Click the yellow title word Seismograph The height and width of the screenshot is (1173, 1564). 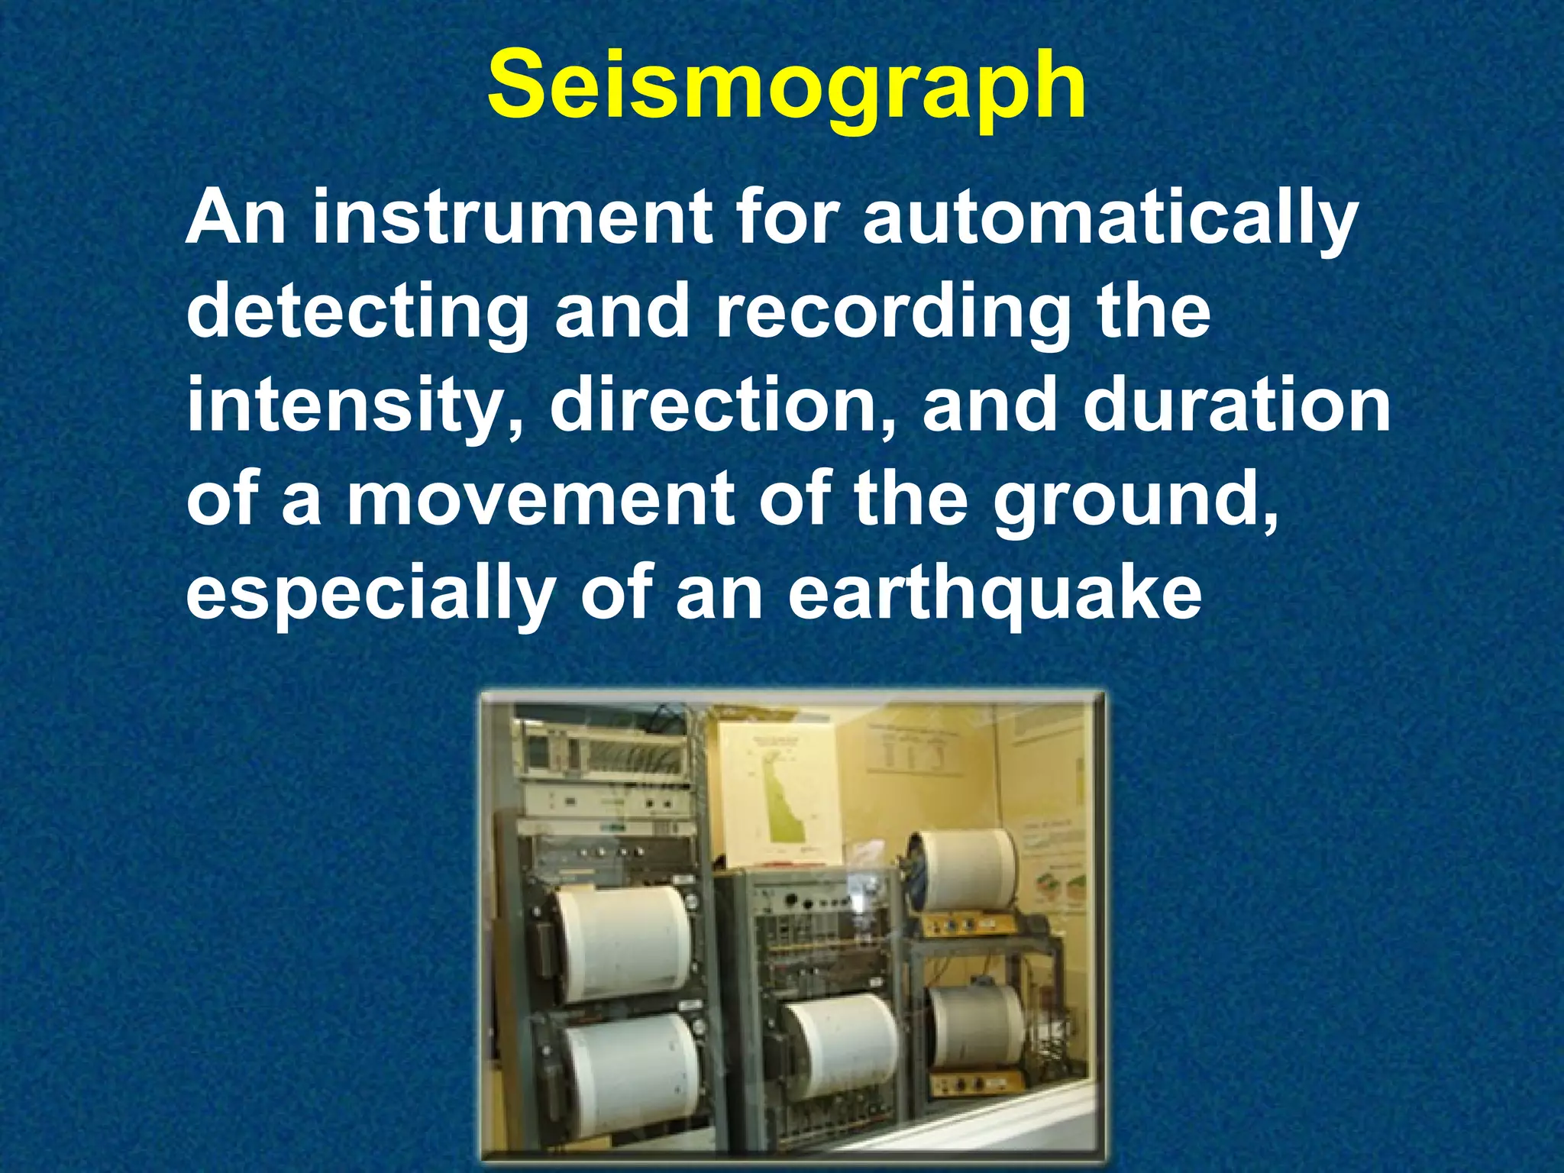(x=787, y=86)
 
